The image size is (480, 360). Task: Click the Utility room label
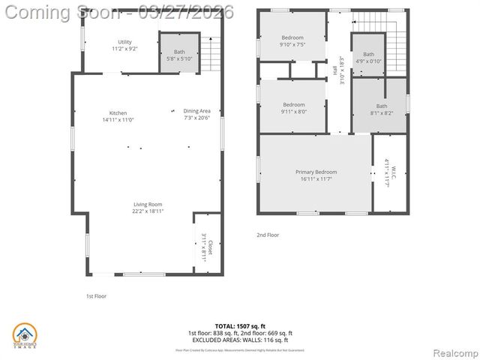(x=124, y=45)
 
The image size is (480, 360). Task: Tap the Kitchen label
(x=118, y=116)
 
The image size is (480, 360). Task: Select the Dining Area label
(x=196, y=115)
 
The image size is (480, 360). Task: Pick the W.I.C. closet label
(x=388, y=172)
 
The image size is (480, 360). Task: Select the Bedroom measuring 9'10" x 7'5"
(x=292, y=41)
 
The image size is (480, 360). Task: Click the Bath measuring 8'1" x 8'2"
(x=382, y=110)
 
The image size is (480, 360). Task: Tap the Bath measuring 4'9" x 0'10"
(x=368, y=58)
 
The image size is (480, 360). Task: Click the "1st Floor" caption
(x=96, y=296)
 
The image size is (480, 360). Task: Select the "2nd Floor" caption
(x=268, y=235)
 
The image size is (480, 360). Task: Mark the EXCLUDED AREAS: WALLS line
(x=239, y=340)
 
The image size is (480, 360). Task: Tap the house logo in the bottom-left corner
(x=25, y=335)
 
